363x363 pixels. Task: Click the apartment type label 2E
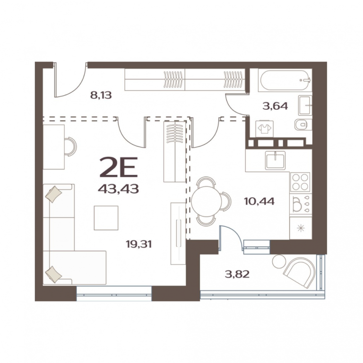119,167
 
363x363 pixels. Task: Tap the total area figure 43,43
118,189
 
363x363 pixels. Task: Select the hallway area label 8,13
101,95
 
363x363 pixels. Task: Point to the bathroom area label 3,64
275,106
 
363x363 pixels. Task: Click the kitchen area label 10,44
259,201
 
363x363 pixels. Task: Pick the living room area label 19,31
138,244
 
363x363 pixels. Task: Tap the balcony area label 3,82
237,274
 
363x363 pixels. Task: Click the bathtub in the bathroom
285,80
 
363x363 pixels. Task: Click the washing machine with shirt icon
265,129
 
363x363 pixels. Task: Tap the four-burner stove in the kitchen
300,182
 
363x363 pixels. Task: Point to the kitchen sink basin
276,160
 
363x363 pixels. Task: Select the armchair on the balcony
299,272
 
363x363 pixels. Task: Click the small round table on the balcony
279,261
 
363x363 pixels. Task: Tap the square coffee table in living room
106,218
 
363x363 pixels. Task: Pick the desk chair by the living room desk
70,147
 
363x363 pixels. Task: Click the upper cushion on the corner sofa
54,194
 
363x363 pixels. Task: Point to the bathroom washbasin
305,105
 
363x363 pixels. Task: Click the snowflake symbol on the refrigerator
301,228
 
